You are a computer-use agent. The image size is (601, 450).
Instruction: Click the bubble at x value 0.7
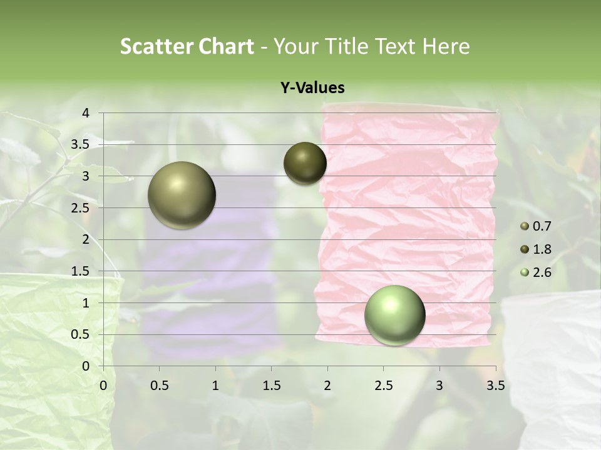tap(182, 195)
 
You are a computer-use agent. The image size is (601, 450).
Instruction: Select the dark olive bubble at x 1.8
tap(305, 163)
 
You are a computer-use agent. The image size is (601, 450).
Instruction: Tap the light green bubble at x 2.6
tap(394, 315)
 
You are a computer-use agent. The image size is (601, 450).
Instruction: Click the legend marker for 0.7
tap(525, 226)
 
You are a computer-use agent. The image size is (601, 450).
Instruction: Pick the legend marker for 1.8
tap(525, 249)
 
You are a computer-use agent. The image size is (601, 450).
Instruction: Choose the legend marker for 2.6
tap(525, 272)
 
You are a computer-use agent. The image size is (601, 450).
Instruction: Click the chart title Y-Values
tap(312, 88)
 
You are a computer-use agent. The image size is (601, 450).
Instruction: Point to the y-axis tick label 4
tap(86, 113)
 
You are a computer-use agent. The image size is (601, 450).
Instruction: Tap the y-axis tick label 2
tap(86, 239)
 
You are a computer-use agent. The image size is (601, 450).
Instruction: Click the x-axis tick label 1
tap(215, 386)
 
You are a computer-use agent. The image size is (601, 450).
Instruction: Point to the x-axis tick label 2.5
tap(384, 386)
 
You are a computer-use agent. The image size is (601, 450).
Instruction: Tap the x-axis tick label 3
tap(439, 386)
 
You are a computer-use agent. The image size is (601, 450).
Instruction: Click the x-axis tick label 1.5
tap(271, 386)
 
